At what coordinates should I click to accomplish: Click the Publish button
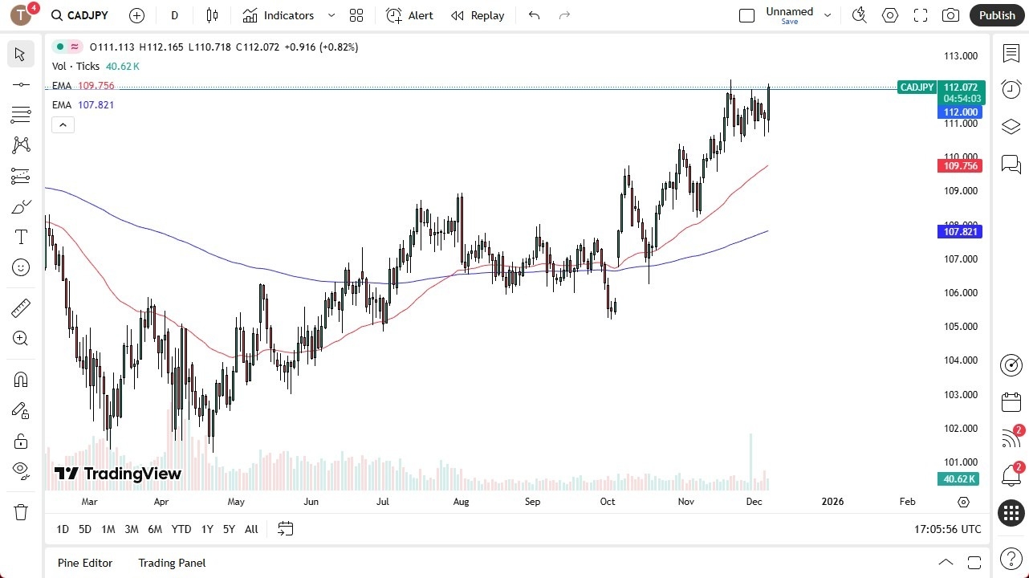point(997,15)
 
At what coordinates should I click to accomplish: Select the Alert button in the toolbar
point(409,15)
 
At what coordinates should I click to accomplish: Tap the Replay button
point(478,15)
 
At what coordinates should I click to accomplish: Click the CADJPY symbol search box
point(80,15)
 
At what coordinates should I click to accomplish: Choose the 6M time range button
point(155,529)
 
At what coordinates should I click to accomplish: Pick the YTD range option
point(181,529)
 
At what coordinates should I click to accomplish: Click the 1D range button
point(63,529)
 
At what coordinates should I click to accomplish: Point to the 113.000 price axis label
point(961,56)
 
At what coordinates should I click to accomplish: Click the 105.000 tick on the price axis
point(961,327)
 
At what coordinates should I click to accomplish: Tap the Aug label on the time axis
point(461,502)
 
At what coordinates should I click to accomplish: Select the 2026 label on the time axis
point(833,502)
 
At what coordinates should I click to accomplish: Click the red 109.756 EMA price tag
point(960,166)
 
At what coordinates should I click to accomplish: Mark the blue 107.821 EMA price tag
point(960,232)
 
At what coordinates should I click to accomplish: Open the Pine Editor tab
point(85,563)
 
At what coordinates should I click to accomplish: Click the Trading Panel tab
point(172,563)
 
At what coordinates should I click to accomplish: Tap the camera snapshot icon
point(950,15)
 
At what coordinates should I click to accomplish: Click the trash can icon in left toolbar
point(21,512)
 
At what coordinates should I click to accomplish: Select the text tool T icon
point(21,237)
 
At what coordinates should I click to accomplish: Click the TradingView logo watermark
point(118,474)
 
